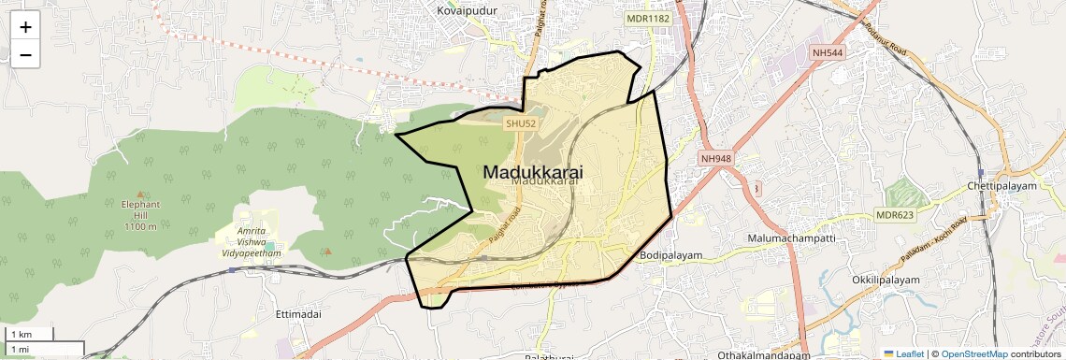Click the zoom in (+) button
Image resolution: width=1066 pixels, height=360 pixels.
click(x=25, y=27)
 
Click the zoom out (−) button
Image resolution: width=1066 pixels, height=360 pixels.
click(x=25, y=55)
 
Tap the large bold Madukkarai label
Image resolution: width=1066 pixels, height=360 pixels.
click(x=533, y=172)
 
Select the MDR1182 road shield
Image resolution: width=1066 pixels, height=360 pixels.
click(x=649, y=18)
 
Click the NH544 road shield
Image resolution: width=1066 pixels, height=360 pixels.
click(x=828, y=53)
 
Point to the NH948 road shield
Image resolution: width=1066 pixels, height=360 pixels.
click(x=715, y=159)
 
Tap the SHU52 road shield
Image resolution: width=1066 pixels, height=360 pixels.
click(x=520, y=123)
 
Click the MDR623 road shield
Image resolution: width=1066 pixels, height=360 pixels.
click(x=894, y=215)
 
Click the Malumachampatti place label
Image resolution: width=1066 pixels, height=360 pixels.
click(x=791, y=238)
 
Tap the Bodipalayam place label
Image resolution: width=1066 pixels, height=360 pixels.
click(x=670, y=254)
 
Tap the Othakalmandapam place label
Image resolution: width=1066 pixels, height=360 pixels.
click(x=763, y=355)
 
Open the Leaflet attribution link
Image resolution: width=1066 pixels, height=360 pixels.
click(x=903, y=353)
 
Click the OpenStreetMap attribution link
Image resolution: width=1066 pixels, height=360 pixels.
click(x=974, y=353)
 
